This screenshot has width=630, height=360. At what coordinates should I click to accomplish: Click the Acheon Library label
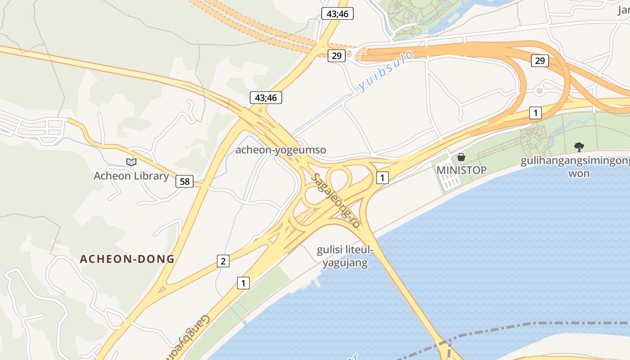point(131,176)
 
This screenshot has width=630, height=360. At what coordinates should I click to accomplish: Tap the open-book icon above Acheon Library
point(131,162)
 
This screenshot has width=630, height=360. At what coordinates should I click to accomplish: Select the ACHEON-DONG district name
point(127,259)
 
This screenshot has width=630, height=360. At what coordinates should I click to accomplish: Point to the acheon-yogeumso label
point(281,150)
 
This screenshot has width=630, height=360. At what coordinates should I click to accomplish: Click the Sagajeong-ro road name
point(335,200)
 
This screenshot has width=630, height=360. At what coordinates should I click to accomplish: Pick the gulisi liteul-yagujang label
point(345,256)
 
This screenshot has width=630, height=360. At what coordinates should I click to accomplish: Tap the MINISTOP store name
point(461,170)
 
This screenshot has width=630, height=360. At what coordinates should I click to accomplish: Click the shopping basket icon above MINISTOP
point(461,157)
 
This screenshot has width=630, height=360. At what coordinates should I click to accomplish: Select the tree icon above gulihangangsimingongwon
point(579,147)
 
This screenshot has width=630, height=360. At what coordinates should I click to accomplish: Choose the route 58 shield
point(184,181)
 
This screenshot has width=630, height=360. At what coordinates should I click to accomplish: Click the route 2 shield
point(223,261)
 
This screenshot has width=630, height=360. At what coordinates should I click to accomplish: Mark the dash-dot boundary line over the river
point(540,323)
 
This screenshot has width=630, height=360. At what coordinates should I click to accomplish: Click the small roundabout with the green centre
point(540,90)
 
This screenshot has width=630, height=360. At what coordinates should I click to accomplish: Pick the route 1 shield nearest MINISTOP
point(382,178)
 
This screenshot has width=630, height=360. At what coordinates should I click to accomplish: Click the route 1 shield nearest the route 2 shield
point(243,283)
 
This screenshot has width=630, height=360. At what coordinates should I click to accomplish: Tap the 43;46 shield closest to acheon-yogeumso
point(266,98)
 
